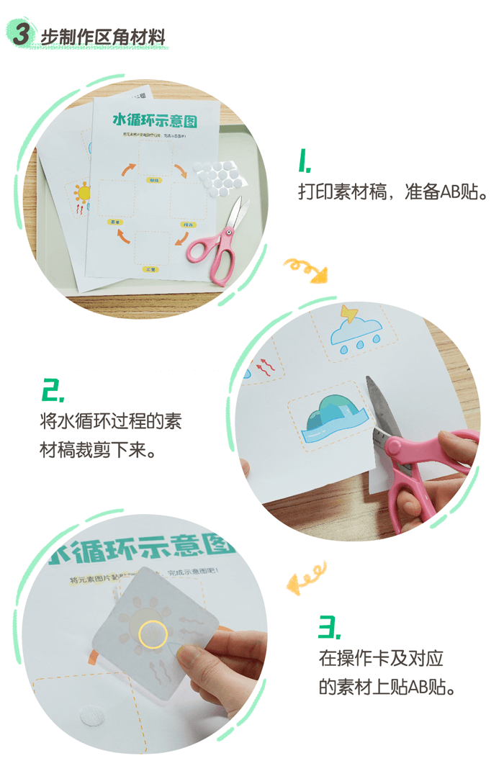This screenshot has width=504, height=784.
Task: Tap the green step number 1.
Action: (305, 161)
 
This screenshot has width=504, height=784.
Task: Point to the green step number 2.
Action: (53, 390)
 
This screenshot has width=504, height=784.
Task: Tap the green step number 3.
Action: (329, 627)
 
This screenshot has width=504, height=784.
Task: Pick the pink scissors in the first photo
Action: (220, 242)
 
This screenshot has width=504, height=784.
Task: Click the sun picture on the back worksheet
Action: (81, 194)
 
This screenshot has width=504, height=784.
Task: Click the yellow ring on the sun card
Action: (153, 634)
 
